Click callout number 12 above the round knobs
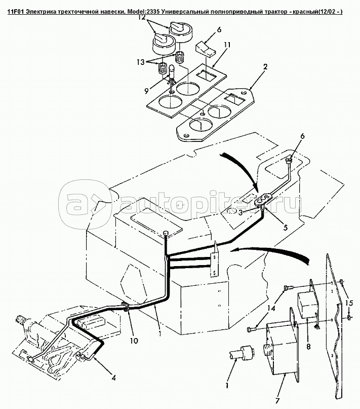(x=143, y=17)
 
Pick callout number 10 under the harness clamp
(x=134, y=341)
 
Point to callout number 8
(x=309, y=348)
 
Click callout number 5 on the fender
(x=286, y=228)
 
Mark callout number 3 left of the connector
(x=241, y=212)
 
